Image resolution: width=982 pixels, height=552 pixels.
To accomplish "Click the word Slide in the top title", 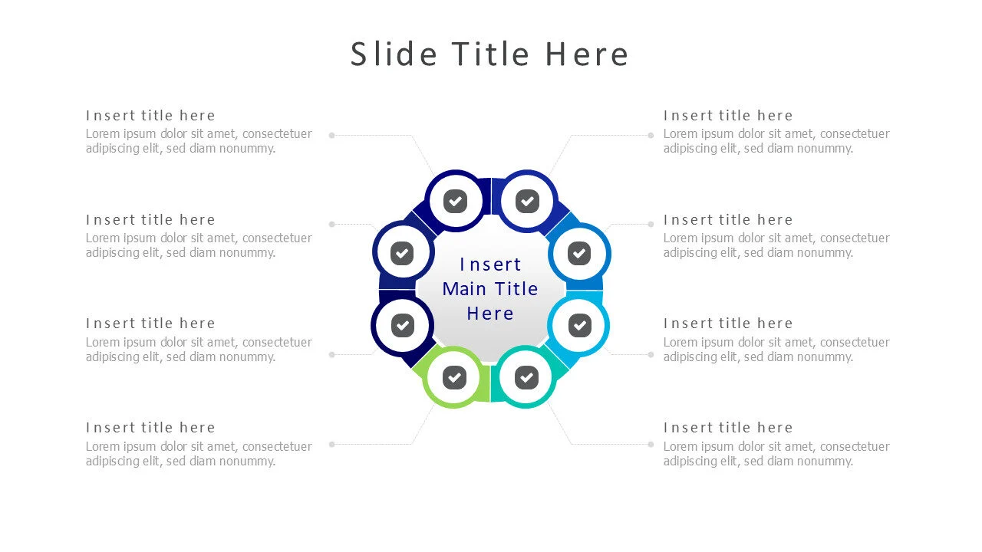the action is coord(394,54).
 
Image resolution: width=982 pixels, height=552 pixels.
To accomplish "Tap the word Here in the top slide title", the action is coord(587,54).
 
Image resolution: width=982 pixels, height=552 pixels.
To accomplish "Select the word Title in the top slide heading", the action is coord(490,54).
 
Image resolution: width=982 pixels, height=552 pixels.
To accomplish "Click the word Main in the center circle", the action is coord(464,289).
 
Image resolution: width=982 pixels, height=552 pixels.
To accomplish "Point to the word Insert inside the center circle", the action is coord(490,264).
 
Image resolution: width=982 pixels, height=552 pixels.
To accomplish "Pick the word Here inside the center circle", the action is coord(490,314).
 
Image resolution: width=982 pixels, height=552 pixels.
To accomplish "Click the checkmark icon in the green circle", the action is coord(454,377).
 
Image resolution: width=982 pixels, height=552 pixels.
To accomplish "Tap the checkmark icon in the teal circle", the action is coord(526,377).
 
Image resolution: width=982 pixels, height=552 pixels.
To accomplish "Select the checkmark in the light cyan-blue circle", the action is coord(579,326).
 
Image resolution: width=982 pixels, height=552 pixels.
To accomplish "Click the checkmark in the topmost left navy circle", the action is coord(455,201).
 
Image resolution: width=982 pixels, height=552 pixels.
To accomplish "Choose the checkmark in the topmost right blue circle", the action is coord(527,201).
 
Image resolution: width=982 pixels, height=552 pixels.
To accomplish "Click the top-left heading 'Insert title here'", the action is coord(150,116).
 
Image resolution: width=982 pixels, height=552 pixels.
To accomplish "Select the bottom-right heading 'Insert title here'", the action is coord(728,428).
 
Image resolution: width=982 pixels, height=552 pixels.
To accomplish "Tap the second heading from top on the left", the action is coord(150,220).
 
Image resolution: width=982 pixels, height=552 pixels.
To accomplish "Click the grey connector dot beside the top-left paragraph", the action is coord(332,136).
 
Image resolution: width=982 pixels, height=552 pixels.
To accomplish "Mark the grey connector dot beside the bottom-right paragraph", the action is coord(651,444).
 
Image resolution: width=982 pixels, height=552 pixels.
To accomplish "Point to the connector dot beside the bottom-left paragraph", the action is coord(332,444).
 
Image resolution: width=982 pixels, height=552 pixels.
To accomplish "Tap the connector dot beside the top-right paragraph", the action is coord(651,136).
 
